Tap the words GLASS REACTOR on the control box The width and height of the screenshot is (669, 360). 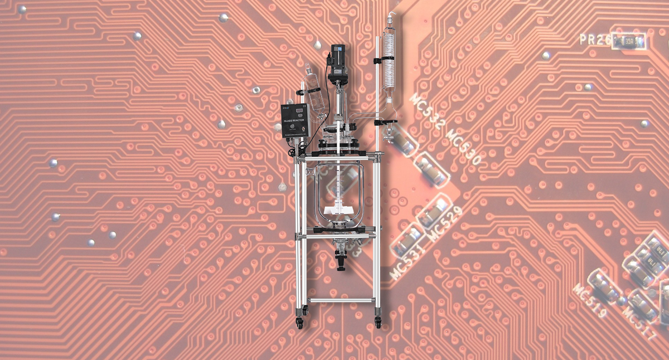pyautogui.click(x=292, y=119)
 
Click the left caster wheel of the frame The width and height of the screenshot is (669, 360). pyautogui.click(x=300, y=324)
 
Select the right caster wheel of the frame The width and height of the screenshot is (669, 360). pyautogui.click(x=379, y=323)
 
